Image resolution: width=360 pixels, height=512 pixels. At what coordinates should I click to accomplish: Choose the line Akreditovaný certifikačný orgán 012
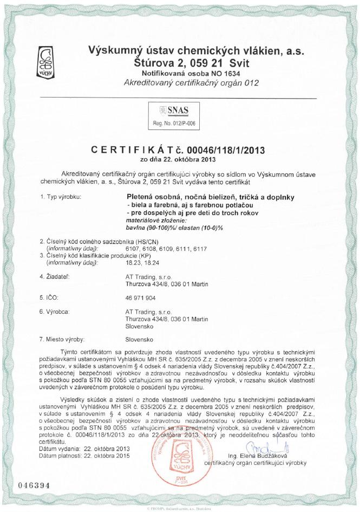(192, 83)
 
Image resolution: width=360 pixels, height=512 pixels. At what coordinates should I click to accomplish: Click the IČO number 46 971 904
(140, 298)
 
